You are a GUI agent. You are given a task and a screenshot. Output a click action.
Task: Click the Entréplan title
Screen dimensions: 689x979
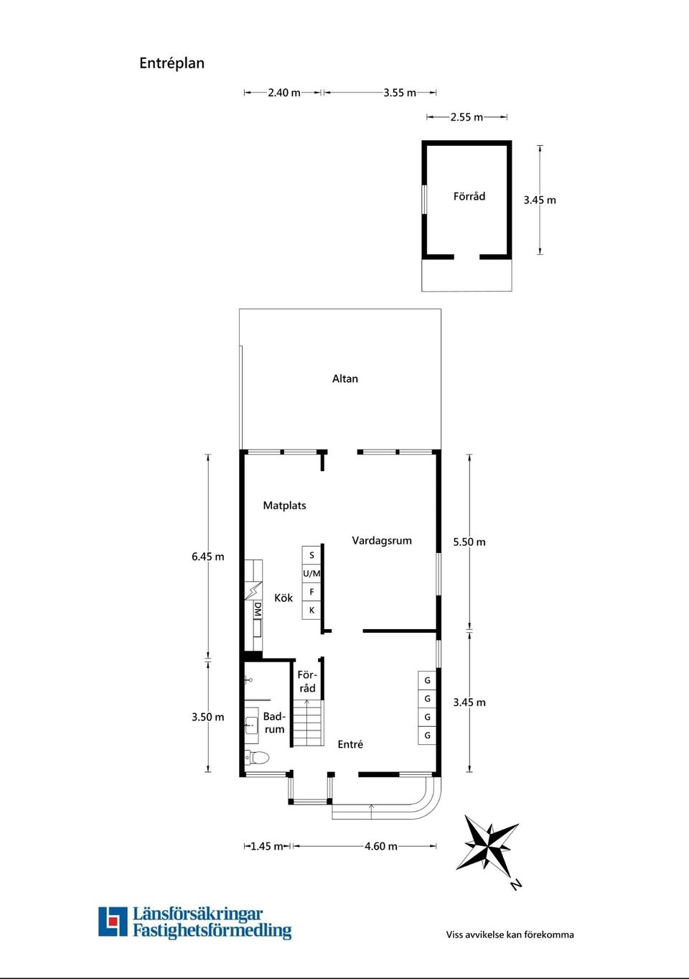172,63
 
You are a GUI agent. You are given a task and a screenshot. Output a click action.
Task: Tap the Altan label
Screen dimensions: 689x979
345,379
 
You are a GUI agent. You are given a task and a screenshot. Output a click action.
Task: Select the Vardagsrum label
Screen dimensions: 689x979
382,541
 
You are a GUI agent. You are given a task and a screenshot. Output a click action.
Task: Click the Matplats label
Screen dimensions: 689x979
284,506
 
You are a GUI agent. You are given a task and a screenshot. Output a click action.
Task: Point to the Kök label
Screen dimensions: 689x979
283,598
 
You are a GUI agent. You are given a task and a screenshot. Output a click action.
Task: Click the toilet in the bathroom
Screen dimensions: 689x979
257,757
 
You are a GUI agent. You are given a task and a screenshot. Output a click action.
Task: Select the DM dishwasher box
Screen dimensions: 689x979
258,610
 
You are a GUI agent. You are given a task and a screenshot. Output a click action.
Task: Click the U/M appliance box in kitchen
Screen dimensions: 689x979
311,573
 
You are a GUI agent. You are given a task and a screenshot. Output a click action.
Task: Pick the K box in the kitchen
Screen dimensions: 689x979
311,610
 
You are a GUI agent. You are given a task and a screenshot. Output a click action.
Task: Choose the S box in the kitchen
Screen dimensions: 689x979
311,555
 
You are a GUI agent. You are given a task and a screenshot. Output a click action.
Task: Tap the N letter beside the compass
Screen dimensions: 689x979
516,886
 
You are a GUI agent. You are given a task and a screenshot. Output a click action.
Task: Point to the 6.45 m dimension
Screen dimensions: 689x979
208,557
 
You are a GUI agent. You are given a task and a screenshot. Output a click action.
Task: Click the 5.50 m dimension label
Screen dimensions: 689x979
469,542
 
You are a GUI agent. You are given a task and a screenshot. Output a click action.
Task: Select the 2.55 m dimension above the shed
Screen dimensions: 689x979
467,117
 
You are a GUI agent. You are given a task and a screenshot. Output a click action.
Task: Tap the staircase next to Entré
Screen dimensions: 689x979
308,723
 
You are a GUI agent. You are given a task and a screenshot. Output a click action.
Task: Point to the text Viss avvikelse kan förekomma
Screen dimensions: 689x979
510,935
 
